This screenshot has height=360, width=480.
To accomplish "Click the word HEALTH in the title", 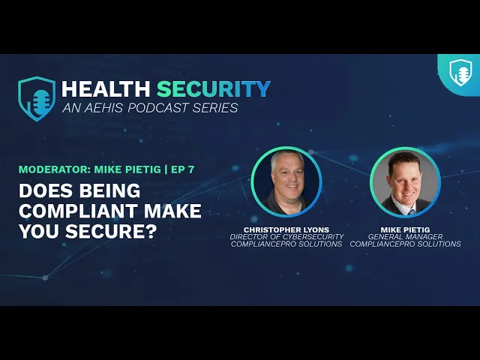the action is [106, 89].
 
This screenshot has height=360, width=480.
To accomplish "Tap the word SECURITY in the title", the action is [214, 89].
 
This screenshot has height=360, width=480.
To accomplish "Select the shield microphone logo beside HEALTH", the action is [37, 99].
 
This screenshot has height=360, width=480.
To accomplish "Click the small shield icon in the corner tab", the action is [460, 73].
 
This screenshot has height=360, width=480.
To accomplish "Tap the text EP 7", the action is [182, 169].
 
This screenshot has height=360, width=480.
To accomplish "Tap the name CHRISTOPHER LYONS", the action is [286, 229].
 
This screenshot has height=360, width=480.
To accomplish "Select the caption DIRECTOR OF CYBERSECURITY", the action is [286, 237].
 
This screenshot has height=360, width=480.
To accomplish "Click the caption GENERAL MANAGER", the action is [405, 237].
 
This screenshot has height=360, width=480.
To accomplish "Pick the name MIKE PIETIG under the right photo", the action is [405, 229].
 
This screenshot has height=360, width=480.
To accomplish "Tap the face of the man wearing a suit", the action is [405, 180].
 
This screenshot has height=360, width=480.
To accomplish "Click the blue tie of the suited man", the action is [411, 211].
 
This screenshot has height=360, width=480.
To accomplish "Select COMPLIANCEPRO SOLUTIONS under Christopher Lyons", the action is [286, 244].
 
